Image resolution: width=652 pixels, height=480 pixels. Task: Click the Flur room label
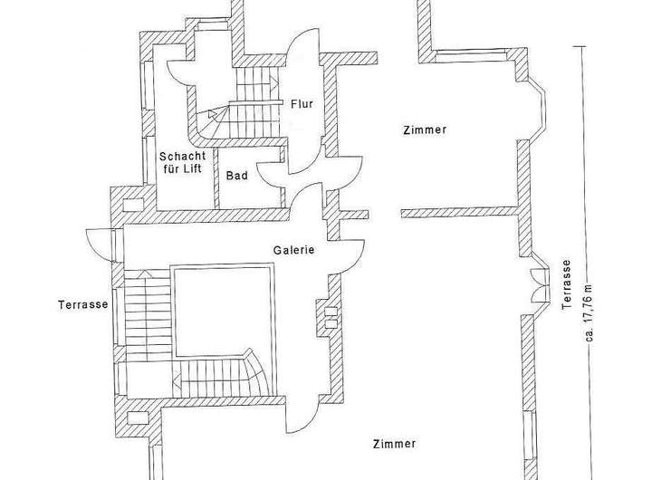302,103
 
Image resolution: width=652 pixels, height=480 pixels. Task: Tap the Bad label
236,176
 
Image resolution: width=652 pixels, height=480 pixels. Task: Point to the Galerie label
293,250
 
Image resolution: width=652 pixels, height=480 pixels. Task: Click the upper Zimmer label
424,130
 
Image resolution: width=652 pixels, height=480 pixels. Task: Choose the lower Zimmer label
394,444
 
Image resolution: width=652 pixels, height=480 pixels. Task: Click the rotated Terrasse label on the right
566,286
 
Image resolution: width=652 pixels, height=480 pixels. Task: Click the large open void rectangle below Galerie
222,308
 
